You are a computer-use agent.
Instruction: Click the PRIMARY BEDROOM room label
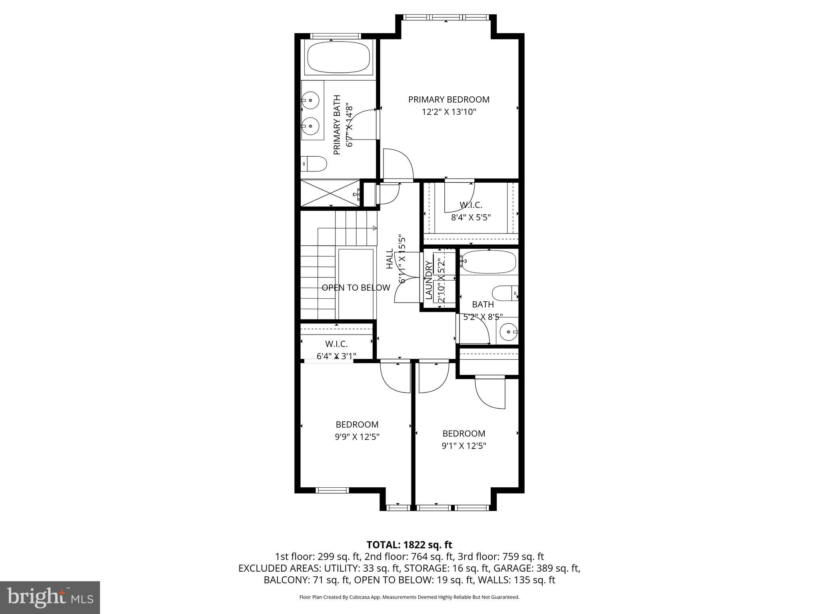(449, 100)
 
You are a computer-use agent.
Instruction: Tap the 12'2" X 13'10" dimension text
(449, 112)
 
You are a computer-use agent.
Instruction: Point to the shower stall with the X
(330, 193)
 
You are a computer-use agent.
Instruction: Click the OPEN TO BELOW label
(356, 287)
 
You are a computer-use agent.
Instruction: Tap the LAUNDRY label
(429, 280)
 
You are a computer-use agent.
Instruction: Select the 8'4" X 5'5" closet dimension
(471, 217)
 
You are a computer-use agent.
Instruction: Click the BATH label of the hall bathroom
(483, 304)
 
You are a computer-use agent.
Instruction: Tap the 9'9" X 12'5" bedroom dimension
(357, 437)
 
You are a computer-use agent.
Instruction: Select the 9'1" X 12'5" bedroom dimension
(463, 446)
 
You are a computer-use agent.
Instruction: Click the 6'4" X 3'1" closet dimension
(336, 356)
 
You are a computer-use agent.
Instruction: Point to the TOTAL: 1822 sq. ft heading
(409, 544)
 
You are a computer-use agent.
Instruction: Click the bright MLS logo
(50, 598)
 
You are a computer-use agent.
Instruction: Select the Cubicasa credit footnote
(409, 597)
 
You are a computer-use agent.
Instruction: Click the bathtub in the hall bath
(488, 262)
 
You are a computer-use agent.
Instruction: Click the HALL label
(390, 259)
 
